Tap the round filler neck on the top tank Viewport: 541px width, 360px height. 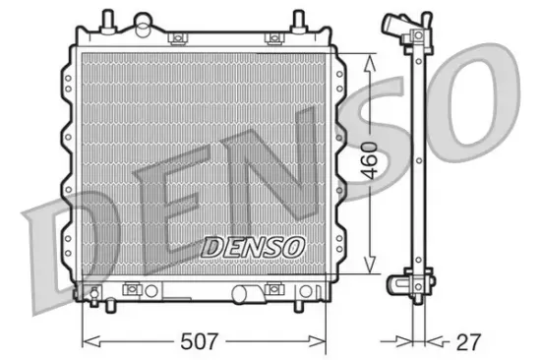point(144,21)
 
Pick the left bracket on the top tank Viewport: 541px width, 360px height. point(178,37)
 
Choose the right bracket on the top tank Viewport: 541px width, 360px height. point(272,37)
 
